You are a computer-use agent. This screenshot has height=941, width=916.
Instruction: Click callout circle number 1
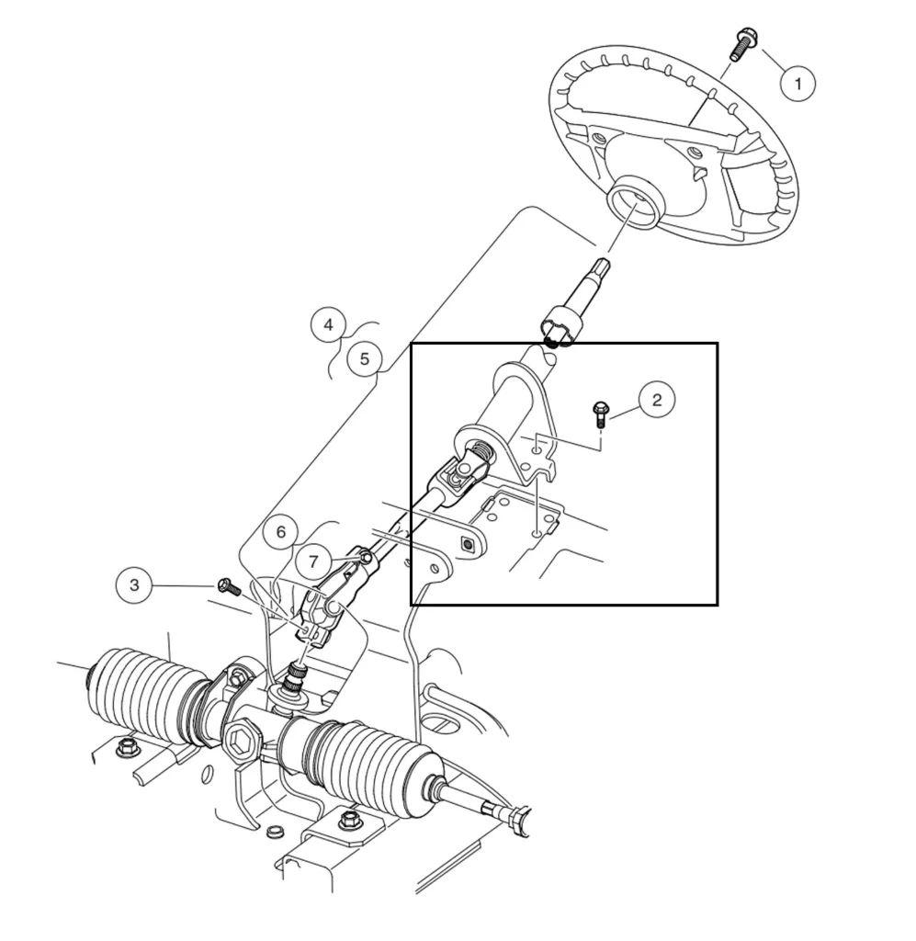pos(797,84)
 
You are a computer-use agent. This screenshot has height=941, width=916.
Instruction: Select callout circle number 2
pos(656,400)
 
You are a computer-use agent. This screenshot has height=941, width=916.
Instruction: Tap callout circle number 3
pos(135,585)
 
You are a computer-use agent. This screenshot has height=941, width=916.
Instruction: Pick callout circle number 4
pos(329,324)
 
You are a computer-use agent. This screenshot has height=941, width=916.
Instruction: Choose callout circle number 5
pos(364,357)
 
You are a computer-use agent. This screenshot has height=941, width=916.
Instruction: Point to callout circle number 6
pos(281,532)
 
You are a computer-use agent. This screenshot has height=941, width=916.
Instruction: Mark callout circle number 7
pos(313,560)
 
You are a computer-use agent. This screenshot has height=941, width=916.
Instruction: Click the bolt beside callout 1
pos(741,44)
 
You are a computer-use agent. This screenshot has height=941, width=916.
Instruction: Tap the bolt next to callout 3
pos(227,585)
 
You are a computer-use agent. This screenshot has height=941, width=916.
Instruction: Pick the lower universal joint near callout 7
pos(321,607)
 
